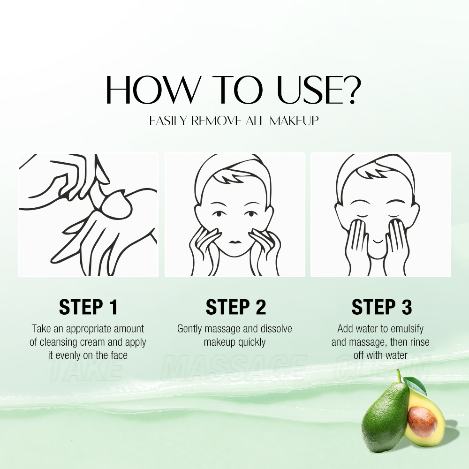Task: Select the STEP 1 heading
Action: tap(88, 307)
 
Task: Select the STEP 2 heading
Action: tap(235, 307)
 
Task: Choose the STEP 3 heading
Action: tap(381, 307)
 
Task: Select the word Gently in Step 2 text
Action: tap(192, 329)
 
